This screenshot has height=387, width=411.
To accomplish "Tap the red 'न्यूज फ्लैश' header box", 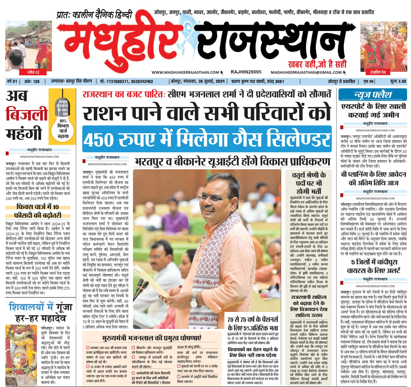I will pyautogui.click(x=373, y=95).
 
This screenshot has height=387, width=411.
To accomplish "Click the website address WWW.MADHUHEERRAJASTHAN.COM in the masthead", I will pyautogui.click(x=185, y=72).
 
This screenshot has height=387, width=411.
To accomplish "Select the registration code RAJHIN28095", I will pyautogui.click(x=246, y=72).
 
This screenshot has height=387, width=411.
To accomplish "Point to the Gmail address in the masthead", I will pyautogui.click(x=306, y=72).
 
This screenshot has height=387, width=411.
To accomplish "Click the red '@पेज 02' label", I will pyautogui.click(x=33, y=72).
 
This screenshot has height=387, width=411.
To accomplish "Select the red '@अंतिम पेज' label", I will pyautogui.click(x=378, y=72).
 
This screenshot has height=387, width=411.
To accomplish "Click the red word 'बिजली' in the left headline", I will pyautogui.click(x=27, y=114).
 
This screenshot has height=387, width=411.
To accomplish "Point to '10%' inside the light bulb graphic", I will pyautogui.click(x=63, y=121).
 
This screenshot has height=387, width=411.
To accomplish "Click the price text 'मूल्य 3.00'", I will pyautogui.click(x=398, y=81).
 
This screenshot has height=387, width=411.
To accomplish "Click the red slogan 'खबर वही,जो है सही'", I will pyautogui.click(x=317, y=64).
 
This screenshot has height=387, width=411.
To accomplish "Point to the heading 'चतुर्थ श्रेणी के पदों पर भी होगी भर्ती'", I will pyautogui.click(x=309, y=183).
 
